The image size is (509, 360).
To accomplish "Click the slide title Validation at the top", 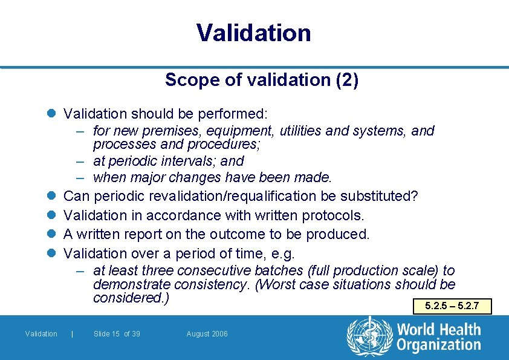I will coord(253,33).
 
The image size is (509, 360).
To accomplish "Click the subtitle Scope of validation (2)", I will coord(261,80).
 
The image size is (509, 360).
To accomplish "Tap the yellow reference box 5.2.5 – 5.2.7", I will coord(452,306).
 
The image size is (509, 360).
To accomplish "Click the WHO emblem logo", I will coord(369,336).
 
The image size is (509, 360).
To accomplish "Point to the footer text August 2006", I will coord(207,334).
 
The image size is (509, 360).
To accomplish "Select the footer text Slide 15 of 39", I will coord(117,334).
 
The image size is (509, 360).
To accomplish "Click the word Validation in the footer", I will coord(41,334).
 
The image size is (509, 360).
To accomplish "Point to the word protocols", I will coord(332,215).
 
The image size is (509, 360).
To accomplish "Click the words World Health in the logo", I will coord(439,330).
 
